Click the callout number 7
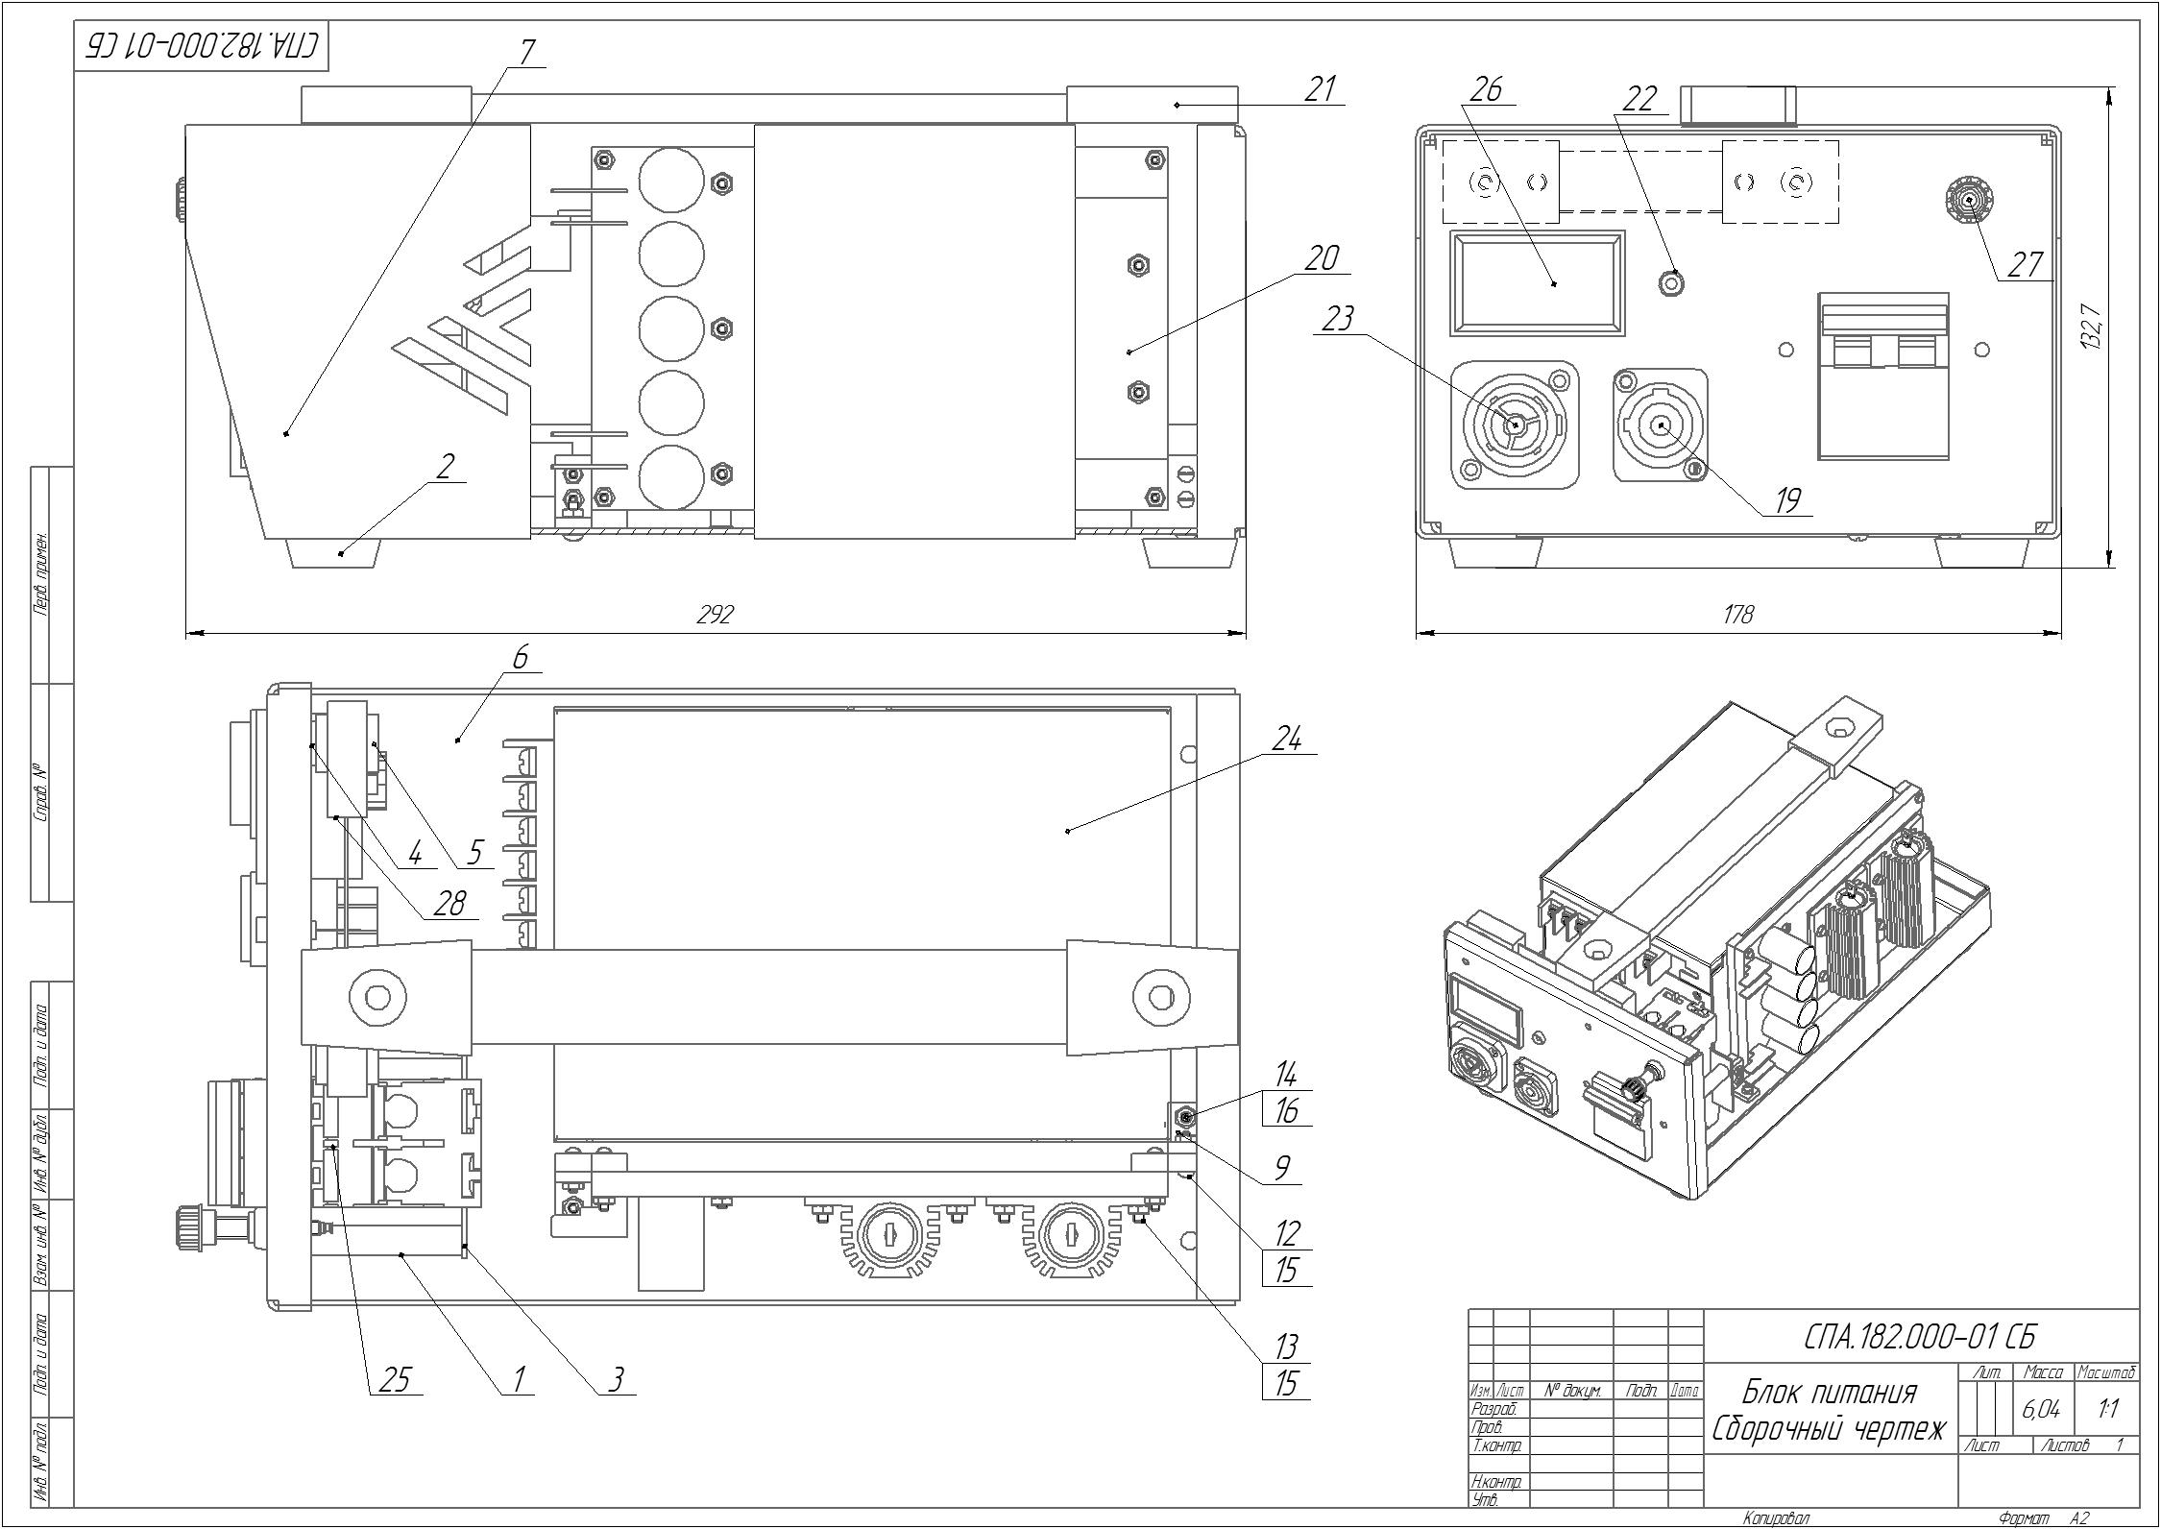[526, 52]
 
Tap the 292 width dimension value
[716, 615]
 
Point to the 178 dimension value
[1738, 615]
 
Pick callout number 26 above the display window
[1487, 89]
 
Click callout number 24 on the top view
[1288, 740]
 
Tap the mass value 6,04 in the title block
[2041, 1410]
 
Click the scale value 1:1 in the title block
[2109, 1410]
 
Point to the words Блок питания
[1830, 1392]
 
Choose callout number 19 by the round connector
[1787, 500]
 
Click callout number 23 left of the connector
[1337, 319]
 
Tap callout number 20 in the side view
[1322, 259]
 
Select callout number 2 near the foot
[444, 468]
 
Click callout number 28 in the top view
[449, 903]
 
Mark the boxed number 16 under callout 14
[1286, 1111]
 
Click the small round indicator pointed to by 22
[1673, 283]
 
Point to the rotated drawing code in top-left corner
[203, 45]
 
